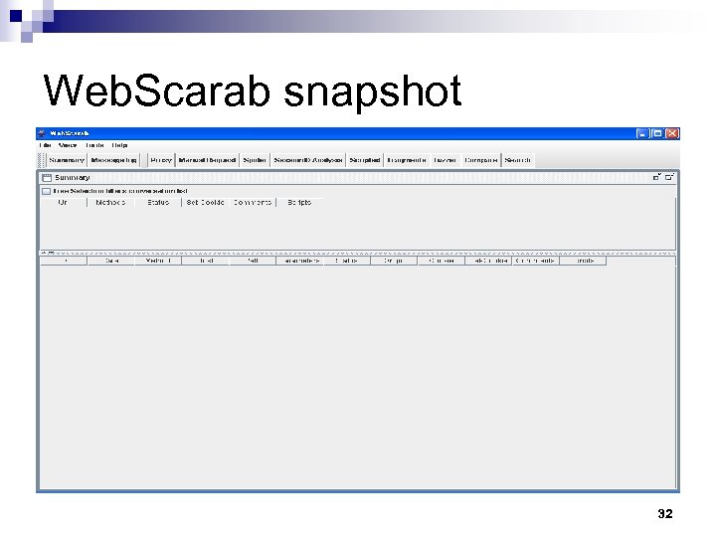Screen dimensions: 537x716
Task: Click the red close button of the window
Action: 672,133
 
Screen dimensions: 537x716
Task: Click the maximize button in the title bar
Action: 657,133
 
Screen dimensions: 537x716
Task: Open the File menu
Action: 45,145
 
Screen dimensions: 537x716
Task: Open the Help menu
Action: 119,145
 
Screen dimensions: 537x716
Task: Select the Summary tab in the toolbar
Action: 67,160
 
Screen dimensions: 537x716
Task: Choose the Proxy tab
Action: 161,160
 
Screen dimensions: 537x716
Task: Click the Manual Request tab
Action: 207,160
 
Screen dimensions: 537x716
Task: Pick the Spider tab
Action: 254,160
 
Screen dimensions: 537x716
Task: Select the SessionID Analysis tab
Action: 307,160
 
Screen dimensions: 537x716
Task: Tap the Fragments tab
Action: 407,160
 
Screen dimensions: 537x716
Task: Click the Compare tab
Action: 481,160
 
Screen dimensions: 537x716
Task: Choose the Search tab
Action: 518,160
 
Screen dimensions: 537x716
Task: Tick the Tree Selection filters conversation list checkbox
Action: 46,191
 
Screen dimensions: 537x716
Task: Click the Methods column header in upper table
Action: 110,202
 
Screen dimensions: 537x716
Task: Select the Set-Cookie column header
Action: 205,202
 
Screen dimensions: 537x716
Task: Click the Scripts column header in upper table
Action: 299,202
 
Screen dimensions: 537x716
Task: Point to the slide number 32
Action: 665,514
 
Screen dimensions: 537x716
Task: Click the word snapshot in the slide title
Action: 373,92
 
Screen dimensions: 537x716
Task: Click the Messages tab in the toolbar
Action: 114,160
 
